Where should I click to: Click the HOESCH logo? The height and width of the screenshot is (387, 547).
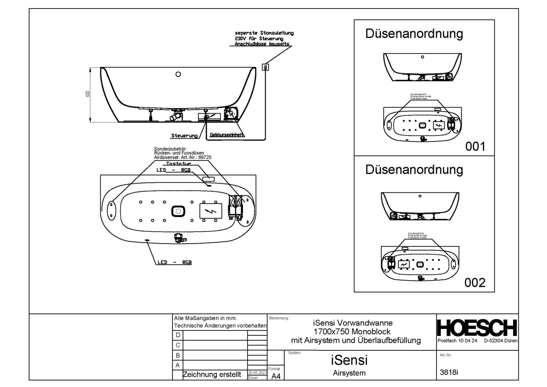477,328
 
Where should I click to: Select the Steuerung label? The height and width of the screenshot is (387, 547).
184,136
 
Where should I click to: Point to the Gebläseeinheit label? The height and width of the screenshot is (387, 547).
227,135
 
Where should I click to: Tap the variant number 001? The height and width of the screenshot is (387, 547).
475,147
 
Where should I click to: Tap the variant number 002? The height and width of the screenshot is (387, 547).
475,283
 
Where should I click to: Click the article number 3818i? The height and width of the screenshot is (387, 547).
449,372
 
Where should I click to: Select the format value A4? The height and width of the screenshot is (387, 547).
276,376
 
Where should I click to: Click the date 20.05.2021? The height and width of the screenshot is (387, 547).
257,373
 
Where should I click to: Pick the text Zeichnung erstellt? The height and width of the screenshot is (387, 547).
212,375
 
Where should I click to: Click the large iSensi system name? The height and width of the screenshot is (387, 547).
349,360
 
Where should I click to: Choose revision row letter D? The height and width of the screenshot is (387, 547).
178,335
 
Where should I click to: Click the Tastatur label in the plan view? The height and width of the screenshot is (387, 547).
179,164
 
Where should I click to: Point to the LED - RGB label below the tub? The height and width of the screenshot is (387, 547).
175,262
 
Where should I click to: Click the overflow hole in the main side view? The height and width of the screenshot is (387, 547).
178,74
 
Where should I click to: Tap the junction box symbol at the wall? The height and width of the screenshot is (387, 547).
265,67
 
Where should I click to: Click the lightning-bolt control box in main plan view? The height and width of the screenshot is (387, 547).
210,211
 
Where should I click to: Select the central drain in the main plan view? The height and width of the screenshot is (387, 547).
178,211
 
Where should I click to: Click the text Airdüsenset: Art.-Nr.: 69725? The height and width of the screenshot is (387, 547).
183,157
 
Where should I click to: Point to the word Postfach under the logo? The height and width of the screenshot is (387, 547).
447,341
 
